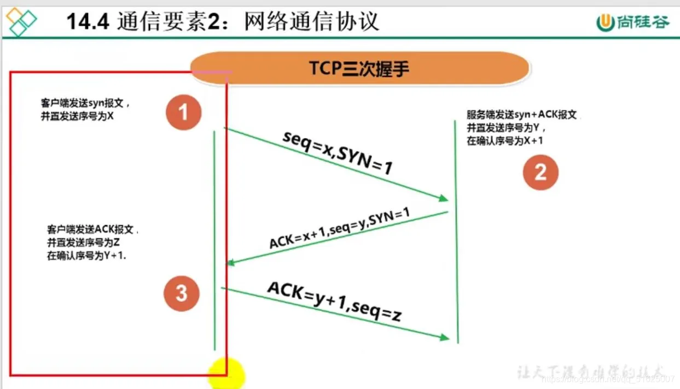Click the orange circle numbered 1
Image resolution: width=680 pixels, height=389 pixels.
(x=183, y=112)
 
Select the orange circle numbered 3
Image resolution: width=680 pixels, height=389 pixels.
(x=182, y=294)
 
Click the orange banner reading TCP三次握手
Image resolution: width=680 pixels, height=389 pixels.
(x=359, y=68)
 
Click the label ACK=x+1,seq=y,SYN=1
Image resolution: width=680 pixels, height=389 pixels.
(x=339, y=227)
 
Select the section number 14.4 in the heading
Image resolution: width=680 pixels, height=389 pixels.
(x=88, y=22)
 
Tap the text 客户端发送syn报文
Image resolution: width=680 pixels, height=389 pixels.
(x=85, y=103)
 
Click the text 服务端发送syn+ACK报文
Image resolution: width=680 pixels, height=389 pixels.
(x=521, y=115)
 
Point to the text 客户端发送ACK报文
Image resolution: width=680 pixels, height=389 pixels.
(x=92, y=229)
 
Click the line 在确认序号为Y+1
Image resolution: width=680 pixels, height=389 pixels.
(x=86, y=256)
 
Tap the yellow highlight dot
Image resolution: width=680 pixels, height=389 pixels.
(x=226, y=374)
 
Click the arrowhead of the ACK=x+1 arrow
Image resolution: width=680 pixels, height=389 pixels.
(x=231, y=263)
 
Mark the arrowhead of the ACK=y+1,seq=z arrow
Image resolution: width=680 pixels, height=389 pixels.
(x=445, y=338)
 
